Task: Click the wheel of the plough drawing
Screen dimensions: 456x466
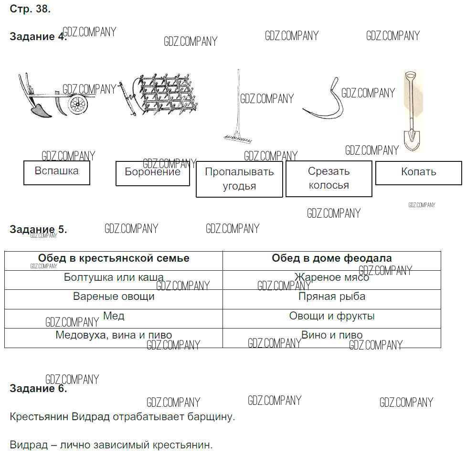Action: pyautogui.click(x=77, y=105)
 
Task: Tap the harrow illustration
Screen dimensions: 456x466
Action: pyautogui.click(x=162, y=95)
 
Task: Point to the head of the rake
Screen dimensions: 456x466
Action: pyautogui.click(x=241, y=138)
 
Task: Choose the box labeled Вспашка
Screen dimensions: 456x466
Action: pyautogui.click(x=57, y=172)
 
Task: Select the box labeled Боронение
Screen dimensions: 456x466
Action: pyautogui.click(x=153, y=173)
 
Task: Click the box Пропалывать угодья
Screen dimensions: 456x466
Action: pyautogui.click(x=239, y=179)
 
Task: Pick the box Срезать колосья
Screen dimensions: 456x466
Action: pyautogui.click(x=328, y=179)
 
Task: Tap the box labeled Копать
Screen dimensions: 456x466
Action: pyautogui.click(x=418, y=173)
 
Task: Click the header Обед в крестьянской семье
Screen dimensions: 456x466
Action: pyautogui.click(x=114, y=259)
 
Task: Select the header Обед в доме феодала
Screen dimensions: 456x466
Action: pyautogui.click(x=332, y=259)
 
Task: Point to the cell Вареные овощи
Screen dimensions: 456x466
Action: pyautogui.click(x=114, y=297)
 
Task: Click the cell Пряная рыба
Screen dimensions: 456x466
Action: pyautogui.click(x=332, y=297)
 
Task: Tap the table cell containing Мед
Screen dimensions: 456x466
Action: pyautogui.click(x=114, y=316)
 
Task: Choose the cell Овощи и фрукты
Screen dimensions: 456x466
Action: pyautogui.click(x=332, y=316)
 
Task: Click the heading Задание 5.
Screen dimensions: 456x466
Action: pyautogui.click(x=38, y=230)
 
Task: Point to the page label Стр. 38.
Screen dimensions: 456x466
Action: pyautogui.click(x=30, y=9)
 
